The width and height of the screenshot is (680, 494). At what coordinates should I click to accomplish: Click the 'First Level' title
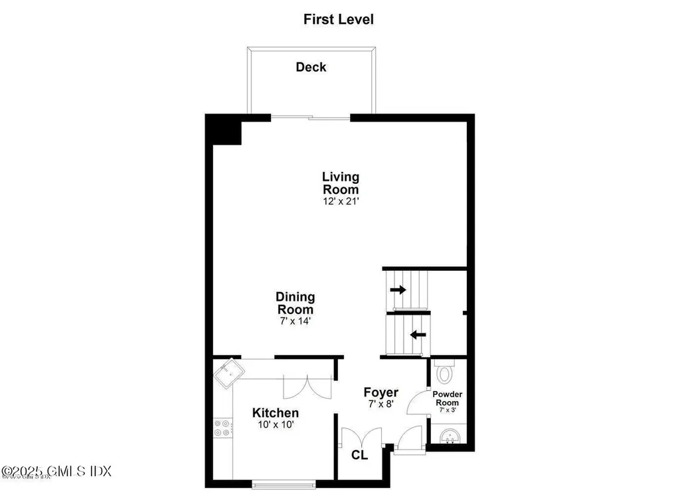[x=339, y=19]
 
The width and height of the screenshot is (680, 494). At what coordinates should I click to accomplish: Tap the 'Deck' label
[x=311, y=67]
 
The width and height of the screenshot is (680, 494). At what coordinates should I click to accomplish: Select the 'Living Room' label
[x=341, y=183]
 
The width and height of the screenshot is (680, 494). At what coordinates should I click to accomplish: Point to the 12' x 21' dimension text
[x=341, y=201]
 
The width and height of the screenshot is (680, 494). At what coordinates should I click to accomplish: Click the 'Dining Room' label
[x=296, y=303]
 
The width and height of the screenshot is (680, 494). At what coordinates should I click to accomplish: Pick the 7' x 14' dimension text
[x=296, y=321]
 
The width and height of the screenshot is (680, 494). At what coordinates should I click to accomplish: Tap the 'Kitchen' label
[x=275, y=413]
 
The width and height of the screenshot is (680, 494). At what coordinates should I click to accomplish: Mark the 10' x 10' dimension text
[x=274, y=425]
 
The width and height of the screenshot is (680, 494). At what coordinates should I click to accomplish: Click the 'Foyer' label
[x=381, y=392]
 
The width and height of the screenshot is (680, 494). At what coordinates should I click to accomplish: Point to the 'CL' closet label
[x=359, y=456]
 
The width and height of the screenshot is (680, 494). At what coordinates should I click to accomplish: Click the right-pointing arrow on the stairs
[x=398, y=289]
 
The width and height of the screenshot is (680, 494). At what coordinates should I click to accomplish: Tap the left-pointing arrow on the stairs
[x=418, y=335]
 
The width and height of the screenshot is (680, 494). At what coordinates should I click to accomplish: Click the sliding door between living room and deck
[x=310, y=118]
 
